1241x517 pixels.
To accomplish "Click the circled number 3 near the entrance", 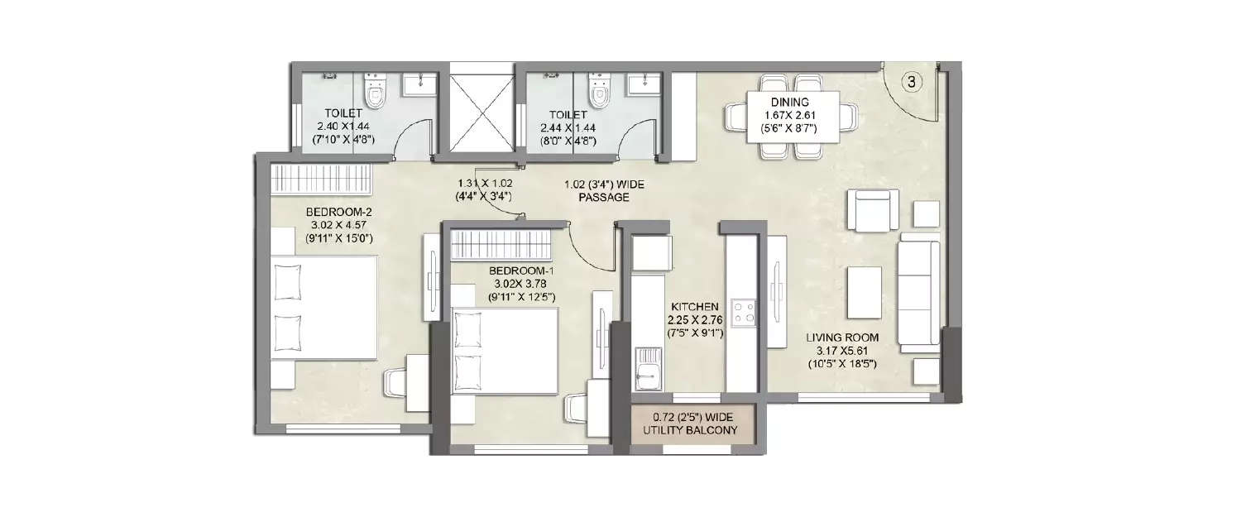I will tap(911, 81).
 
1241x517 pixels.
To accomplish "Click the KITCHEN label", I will tap(695, 306).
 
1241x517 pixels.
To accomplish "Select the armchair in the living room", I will tap(874, 211).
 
